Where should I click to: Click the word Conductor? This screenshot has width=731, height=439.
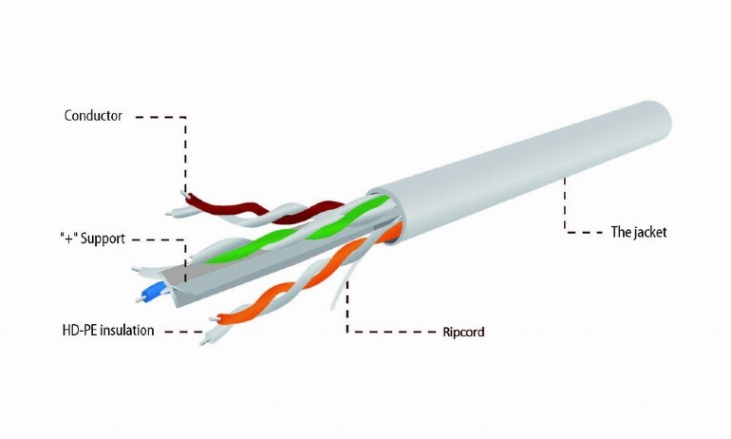[x=93, y=116]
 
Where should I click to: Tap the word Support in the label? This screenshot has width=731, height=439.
[x=103, y=239]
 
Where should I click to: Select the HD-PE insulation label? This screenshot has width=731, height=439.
[x=108, y=331]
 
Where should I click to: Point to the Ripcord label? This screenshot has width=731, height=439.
[x=463, y=333]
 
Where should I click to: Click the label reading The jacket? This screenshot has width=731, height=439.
[x=639, y=232]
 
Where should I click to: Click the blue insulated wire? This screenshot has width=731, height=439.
[x=153, y=292]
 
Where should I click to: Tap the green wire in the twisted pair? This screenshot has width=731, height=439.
[x=298, y=229]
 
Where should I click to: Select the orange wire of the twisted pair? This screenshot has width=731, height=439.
[x=308, y=276]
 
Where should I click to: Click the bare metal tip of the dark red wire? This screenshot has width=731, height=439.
[x=183, y=193]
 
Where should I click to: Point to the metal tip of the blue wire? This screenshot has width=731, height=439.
[x=139, y=299]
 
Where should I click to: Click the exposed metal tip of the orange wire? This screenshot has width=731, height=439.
[x=214, y=319]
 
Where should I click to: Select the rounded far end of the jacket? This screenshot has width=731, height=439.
[x=662, y=120]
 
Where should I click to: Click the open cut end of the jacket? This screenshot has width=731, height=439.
[x=386, y=216]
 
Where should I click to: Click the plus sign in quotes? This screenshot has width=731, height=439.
[x=68, y=239]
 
